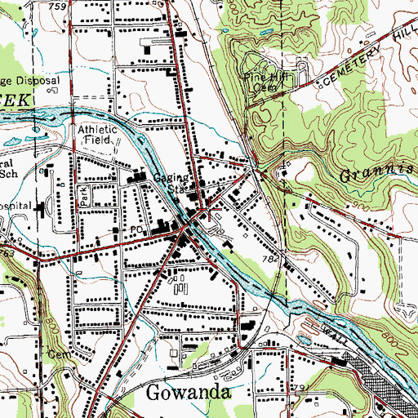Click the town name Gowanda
click(x=189, y=392)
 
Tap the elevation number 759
click(x=57, y=7)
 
